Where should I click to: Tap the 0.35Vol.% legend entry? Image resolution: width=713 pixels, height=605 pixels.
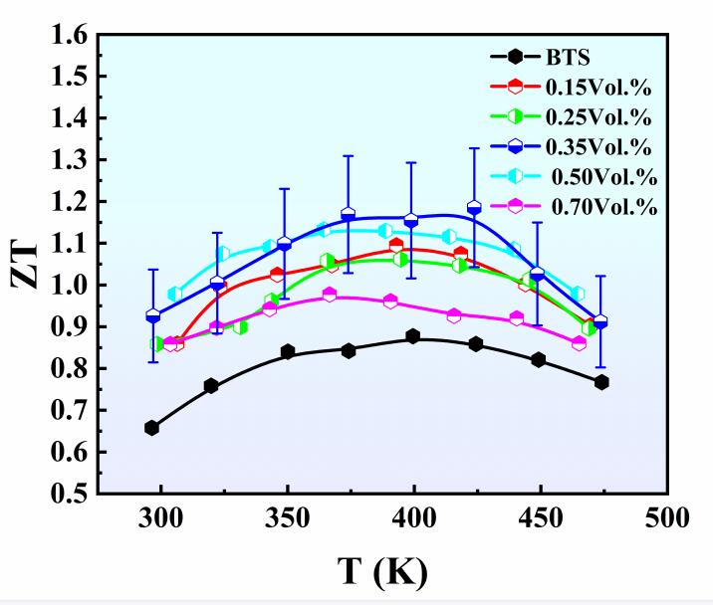click(597, 146)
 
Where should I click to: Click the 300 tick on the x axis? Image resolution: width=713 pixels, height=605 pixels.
click(161, 517)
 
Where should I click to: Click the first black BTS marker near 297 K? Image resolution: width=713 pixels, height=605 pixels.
click(151, 428)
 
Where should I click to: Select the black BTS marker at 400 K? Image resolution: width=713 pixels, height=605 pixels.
click(413, 337)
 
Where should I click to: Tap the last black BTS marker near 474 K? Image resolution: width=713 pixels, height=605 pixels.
click(601, 383)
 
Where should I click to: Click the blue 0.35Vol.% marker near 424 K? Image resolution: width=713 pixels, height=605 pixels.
click(474, 208)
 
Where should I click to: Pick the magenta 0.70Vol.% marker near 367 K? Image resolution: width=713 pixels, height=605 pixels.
click(330, 295)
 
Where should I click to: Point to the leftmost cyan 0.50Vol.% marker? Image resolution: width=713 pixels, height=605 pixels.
click(175, 294)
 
